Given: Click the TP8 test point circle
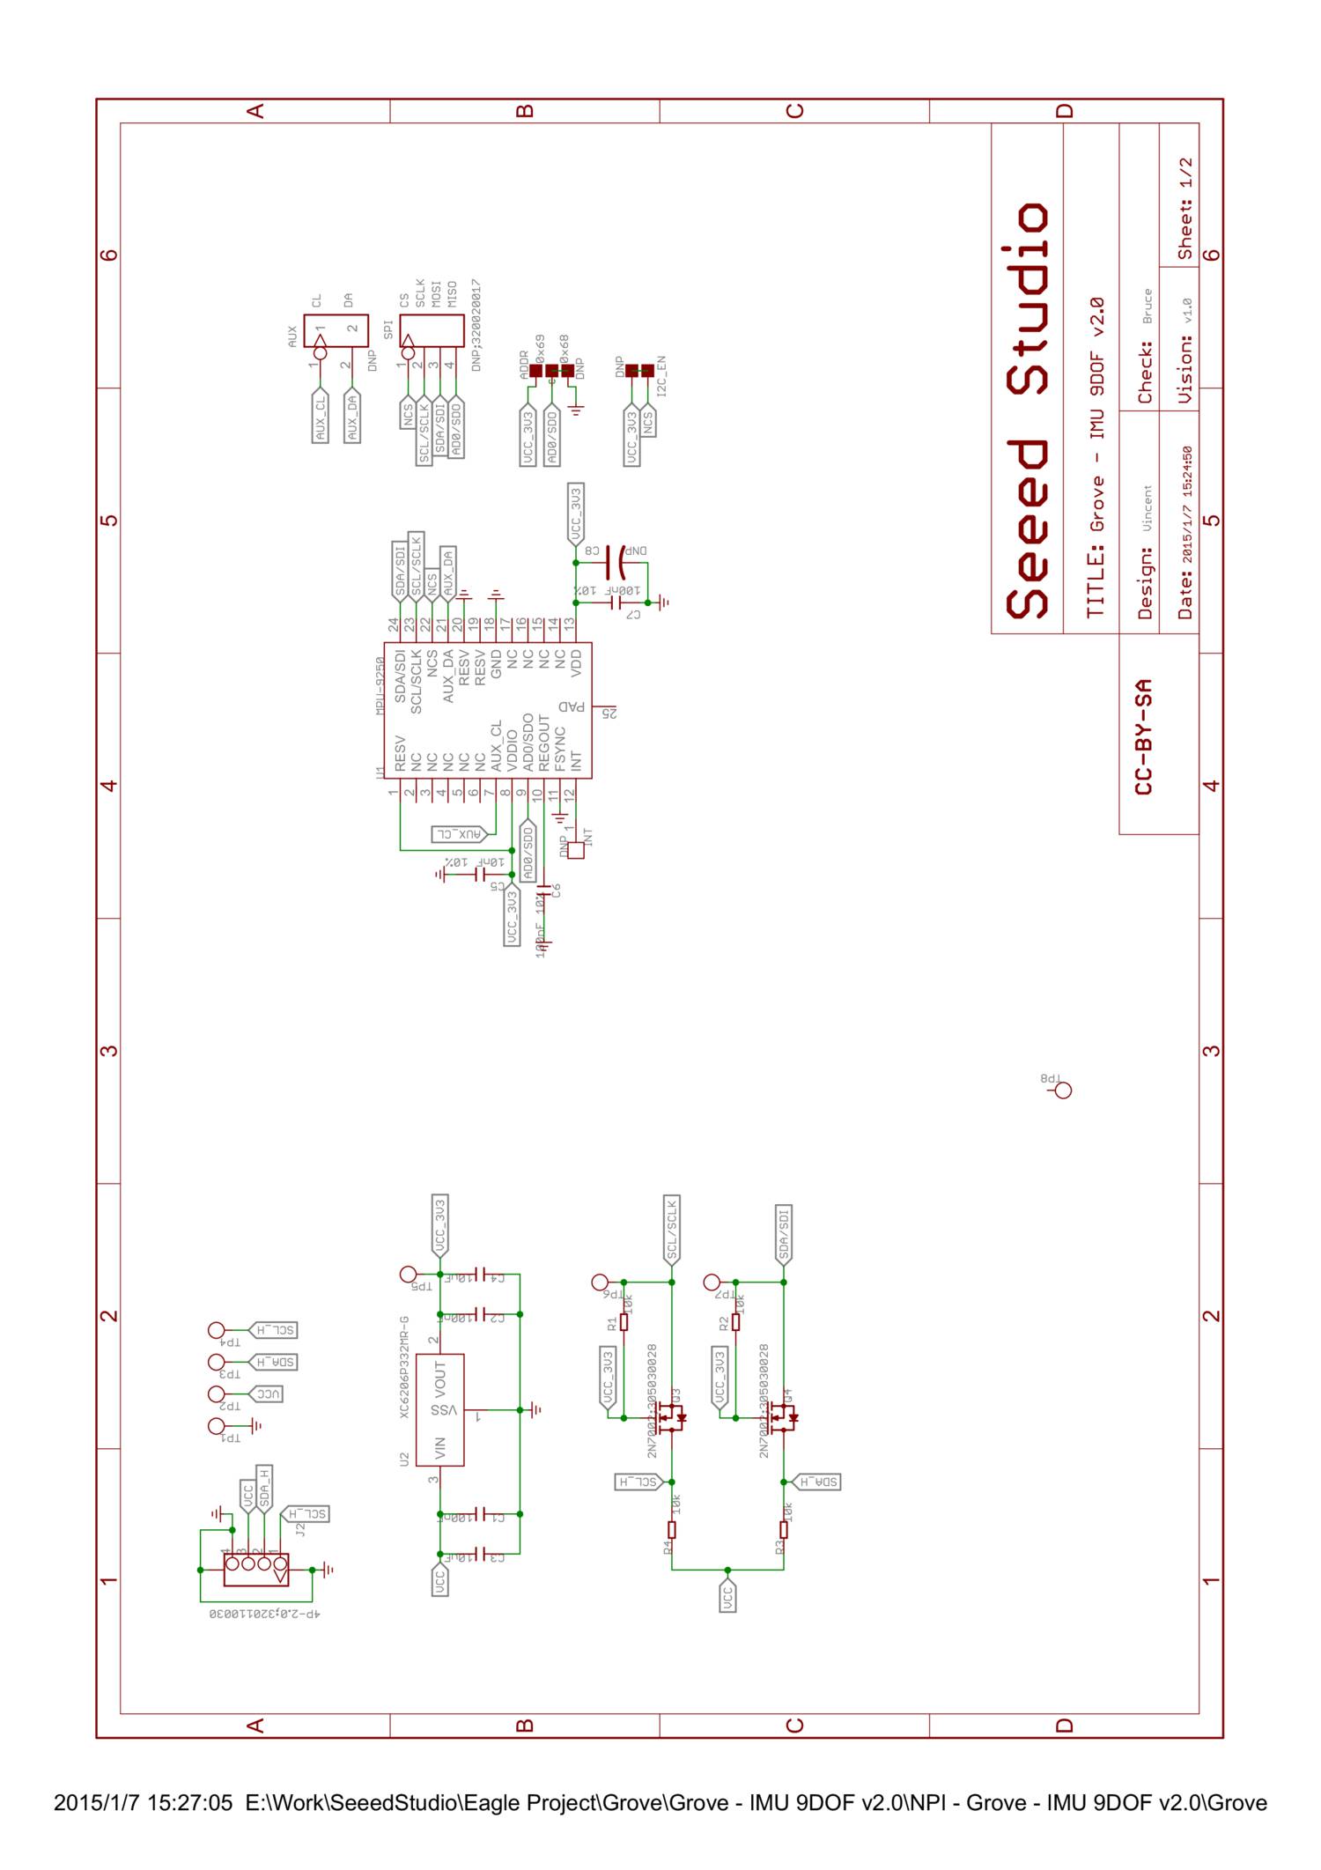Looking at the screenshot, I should coord(1063,1091).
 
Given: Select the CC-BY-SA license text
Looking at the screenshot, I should coord(1144,736).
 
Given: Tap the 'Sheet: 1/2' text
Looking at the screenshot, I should coord(1185,209).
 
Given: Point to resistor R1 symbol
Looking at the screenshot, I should coord(624,1322).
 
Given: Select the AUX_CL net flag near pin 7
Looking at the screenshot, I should coord(458,833).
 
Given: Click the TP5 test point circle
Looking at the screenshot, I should coord(408,1274).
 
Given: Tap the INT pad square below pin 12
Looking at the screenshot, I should coord(576,851).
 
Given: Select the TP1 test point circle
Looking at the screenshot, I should coord(216,1426).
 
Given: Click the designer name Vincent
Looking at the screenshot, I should coord(1147,508).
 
